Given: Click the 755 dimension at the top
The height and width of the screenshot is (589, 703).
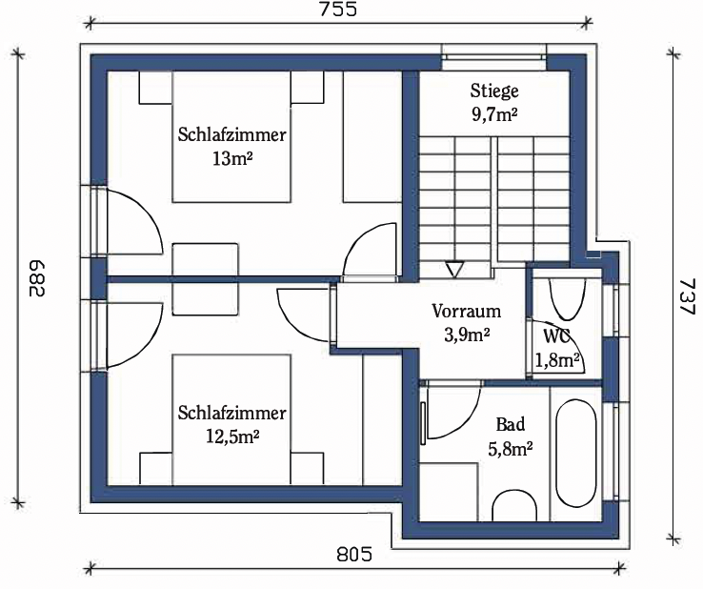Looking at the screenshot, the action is pyautogui.click(x=338, y=9).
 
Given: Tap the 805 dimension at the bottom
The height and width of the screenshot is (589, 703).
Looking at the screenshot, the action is pyautogui.click(x=354, y=555).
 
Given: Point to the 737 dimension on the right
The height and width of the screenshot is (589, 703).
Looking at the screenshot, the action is pyautogui.click(x=687, y=296).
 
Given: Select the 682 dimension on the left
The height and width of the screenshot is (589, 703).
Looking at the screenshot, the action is pyautogui.click(x=36, y=278).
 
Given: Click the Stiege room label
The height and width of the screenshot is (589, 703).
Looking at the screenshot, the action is pyautogui.click(x=494, y=91).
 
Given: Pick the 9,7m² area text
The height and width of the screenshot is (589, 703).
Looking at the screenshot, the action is pyautogui.click(x=494, y=114).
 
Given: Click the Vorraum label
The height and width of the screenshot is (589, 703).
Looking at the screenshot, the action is pyautogui.click(x=466, y=311).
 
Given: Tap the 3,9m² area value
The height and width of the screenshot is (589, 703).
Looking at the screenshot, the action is pyautogui.click(x=467, y=335).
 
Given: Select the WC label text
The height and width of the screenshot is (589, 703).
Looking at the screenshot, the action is pyautogui.click(x=556, y=335).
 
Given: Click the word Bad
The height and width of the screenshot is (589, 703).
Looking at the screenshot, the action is pyautogui.click(x=511, y=424).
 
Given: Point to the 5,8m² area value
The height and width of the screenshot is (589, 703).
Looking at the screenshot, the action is pyautogui.click(x=511, y=449).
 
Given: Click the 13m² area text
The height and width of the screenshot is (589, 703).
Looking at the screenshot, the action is pyautogui.click(x=231, y=158).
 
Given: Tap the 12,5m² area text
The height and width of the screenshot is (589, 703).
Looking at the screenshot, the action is pyautogui.click(x=232, y=437).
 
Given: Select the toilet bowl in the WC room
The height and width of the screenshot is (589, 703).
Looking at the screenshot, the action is pyautogui.click(x=567, y=299).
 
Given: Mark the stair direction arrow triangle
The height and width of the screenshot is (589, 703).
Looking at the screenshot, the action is pyautogui.click(x=453, y=270).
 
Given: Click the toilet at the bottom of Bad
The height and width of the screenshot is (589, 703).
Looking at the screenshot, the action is pyautogui.click(x=514, y=506).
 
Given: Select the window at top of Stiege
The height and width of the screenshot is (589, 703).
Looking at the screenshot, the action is pyautogui.click(x=494, y=57).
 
